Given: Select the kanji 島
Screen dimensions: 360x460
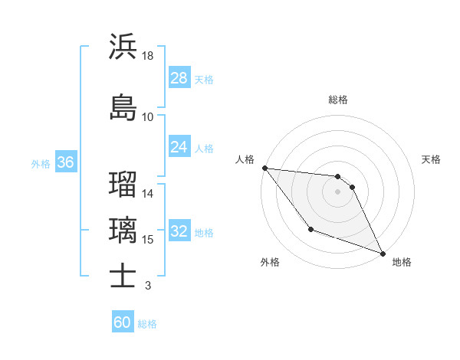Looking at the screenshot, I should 123,107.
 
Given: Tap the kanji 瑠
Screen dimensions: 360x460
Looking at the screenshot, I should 123,184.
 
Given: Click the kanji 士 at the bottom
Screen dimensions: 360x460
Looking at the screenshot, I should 123,276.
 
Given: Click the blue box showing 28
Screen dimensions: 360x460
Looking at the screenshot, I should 179,78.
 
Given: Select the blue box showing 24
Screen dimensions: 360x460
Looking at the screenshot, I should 179,147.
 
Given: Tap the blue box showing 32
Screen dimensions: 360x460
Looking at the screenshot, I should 179,232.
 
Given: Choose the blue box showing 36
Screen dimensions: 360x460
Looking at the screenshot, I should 65,162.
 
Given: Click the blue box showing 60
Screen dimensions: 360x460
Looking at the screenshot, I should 123,322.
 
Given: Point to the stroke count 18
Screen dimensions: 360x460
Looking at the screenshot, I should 148,55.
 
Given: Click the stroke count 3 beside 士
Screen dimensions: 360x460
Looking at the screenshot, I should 147,286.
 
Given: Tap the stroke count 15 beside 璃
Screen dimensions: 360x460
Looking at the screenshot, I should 148,240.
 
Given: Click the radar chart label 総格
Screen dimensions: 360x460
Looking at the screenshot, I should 338,100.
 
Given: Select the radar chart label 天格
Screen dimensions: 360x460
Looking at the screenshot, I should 431,159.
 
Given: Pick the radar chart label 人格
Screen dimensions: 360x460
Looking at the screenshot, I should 245,159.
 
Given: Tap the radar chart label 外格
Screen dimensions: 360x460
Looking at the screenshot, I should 270,262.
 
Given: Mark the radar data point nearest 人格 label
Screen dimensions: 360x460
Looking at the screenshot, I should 264,168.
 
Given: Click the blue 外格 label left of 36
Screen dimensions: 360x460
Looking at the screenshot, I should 41,163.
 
